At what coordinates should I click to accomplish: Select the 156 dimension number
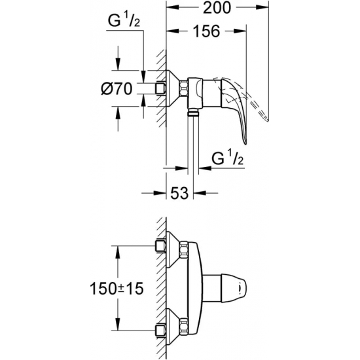click(x=206, y=31)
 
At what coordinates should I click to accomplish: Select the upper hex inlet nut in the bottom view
click(x=160, y=245)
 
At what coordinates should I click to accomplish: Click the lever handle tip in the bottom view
click(x=242, y=286)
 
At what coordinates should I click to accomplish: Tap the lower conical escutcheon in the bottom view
click(x=173, y=325)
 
